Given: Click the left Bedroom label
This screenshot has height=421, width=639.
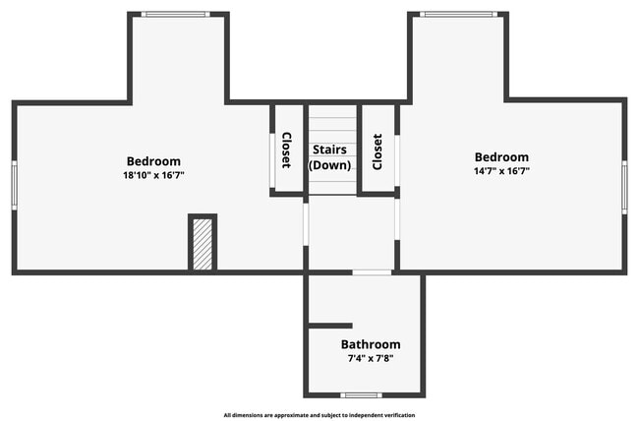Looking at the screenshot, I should [x=153, y=161].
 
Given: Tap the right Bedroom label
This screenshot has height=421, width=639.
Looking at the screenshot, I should [x=501, y=157].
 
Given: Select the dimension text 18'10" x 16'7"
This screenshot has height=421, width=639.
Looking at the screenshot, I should [x=153, y=175].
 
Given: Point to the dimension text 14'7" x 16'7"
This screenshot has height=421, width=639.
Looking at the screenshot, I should [x=501, y=171].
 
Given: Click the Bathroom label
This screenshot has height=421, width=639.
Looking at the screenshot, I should [x=371, y=344].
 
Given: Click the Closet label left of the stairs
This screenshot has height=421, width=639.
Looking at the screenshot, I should [x=286, y=150].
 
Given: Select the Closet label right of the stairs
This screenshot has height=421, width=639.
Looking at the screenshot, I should [x=377, y=150].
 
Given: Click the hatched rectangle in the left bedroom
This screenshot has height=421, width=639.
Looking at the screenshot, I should [x=203, y=243].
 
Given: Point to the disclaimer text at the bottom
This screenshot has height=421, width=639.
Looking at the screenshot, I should [x=319, y=415].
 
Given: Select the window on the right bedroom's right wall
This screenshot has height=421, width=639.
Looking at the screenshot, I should [x=624, y=187].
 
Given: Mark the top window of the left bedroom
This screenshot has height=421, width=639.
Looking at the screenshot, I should [x=175, y=14].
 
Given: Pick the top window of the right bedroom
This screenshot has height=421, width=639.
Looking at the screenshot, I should [x=458, y=14].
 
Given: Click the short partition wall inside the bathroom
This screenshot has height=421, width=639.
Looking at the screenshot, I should [x=330, y=325].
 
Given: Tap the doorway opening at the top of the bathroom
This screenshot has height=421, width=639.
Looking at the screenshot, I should [x=372, y=272].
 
